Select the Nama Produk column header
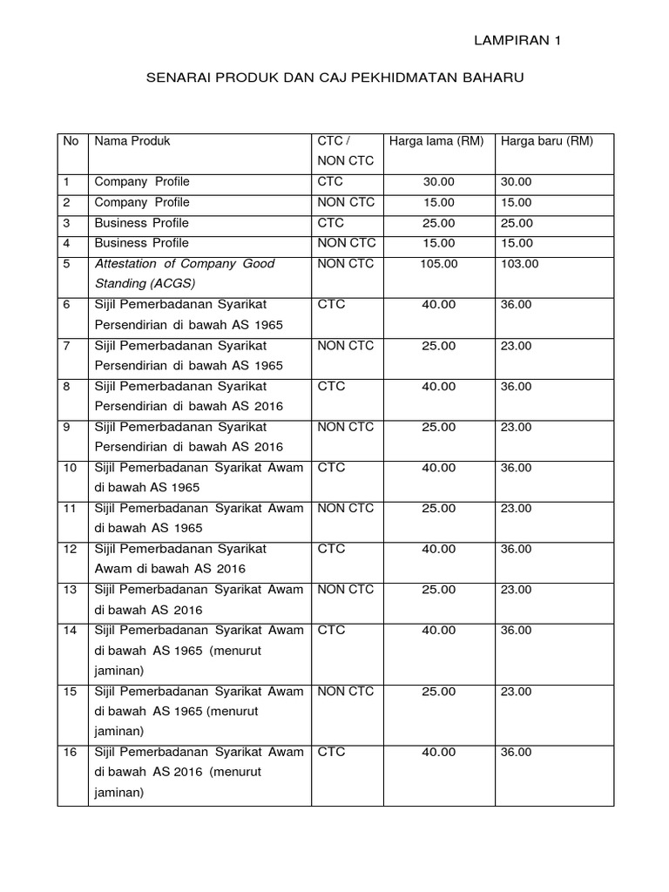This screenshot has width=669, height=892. (132, 141)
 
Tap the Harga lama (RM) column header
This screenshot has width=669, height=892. (436, 141)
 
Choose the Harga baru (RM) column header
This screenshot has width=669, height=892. (546, 141)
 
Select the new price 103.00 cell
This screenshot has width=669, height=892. (517, 264)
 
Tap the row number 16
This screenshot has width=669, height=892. (71, 752)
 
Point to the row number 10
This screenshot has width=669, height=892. (71, 468)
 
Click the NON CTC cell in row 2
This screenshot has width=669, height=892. (346, 202)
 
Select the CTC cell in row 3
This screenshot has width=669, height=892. (331, 223)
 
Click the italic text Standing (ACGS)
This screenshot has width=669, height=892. (145, 284)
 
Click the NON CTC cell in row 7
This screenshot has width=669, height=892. (346, 346)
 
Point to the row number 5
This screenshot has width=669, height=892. (67, 264)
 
